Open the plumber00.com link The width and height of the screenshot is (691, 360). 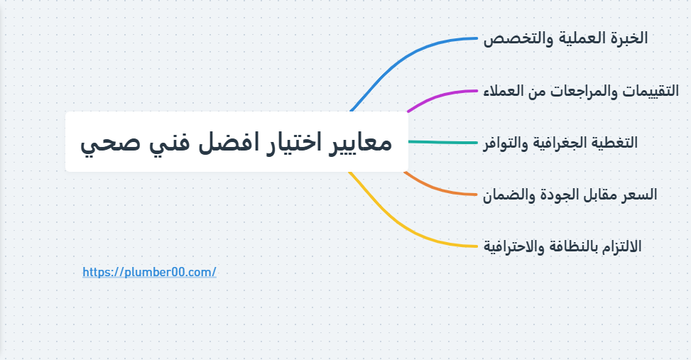pyautogui.click(x=149, y=272)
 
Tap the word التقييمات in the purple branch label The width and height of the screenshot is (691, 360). pyautogui.click(x=650, y=91)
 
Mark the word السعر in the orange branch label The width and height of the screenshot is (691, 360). pyautogui.click(x=640, y=194)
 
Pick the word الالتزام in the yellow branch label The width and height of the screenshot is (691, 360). pyautogui.click(x=619, y=246)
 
